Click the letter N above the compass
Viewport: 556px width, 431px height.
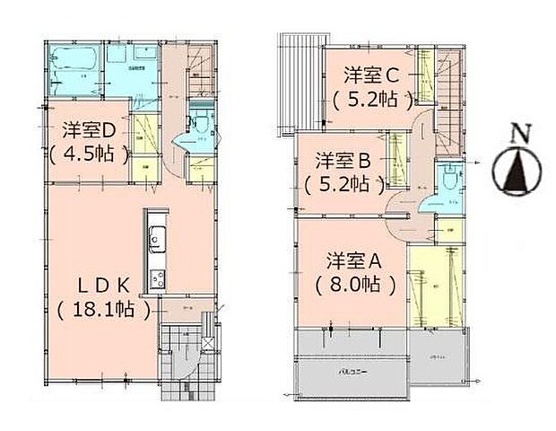coord(517,136)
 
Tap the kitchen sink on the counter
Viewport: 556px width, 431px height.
coord(155,239)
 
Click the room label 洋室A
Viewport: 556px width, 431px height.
coord(355,261)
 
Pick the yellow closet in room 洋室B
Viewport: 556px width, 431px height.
coord(396,161)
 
